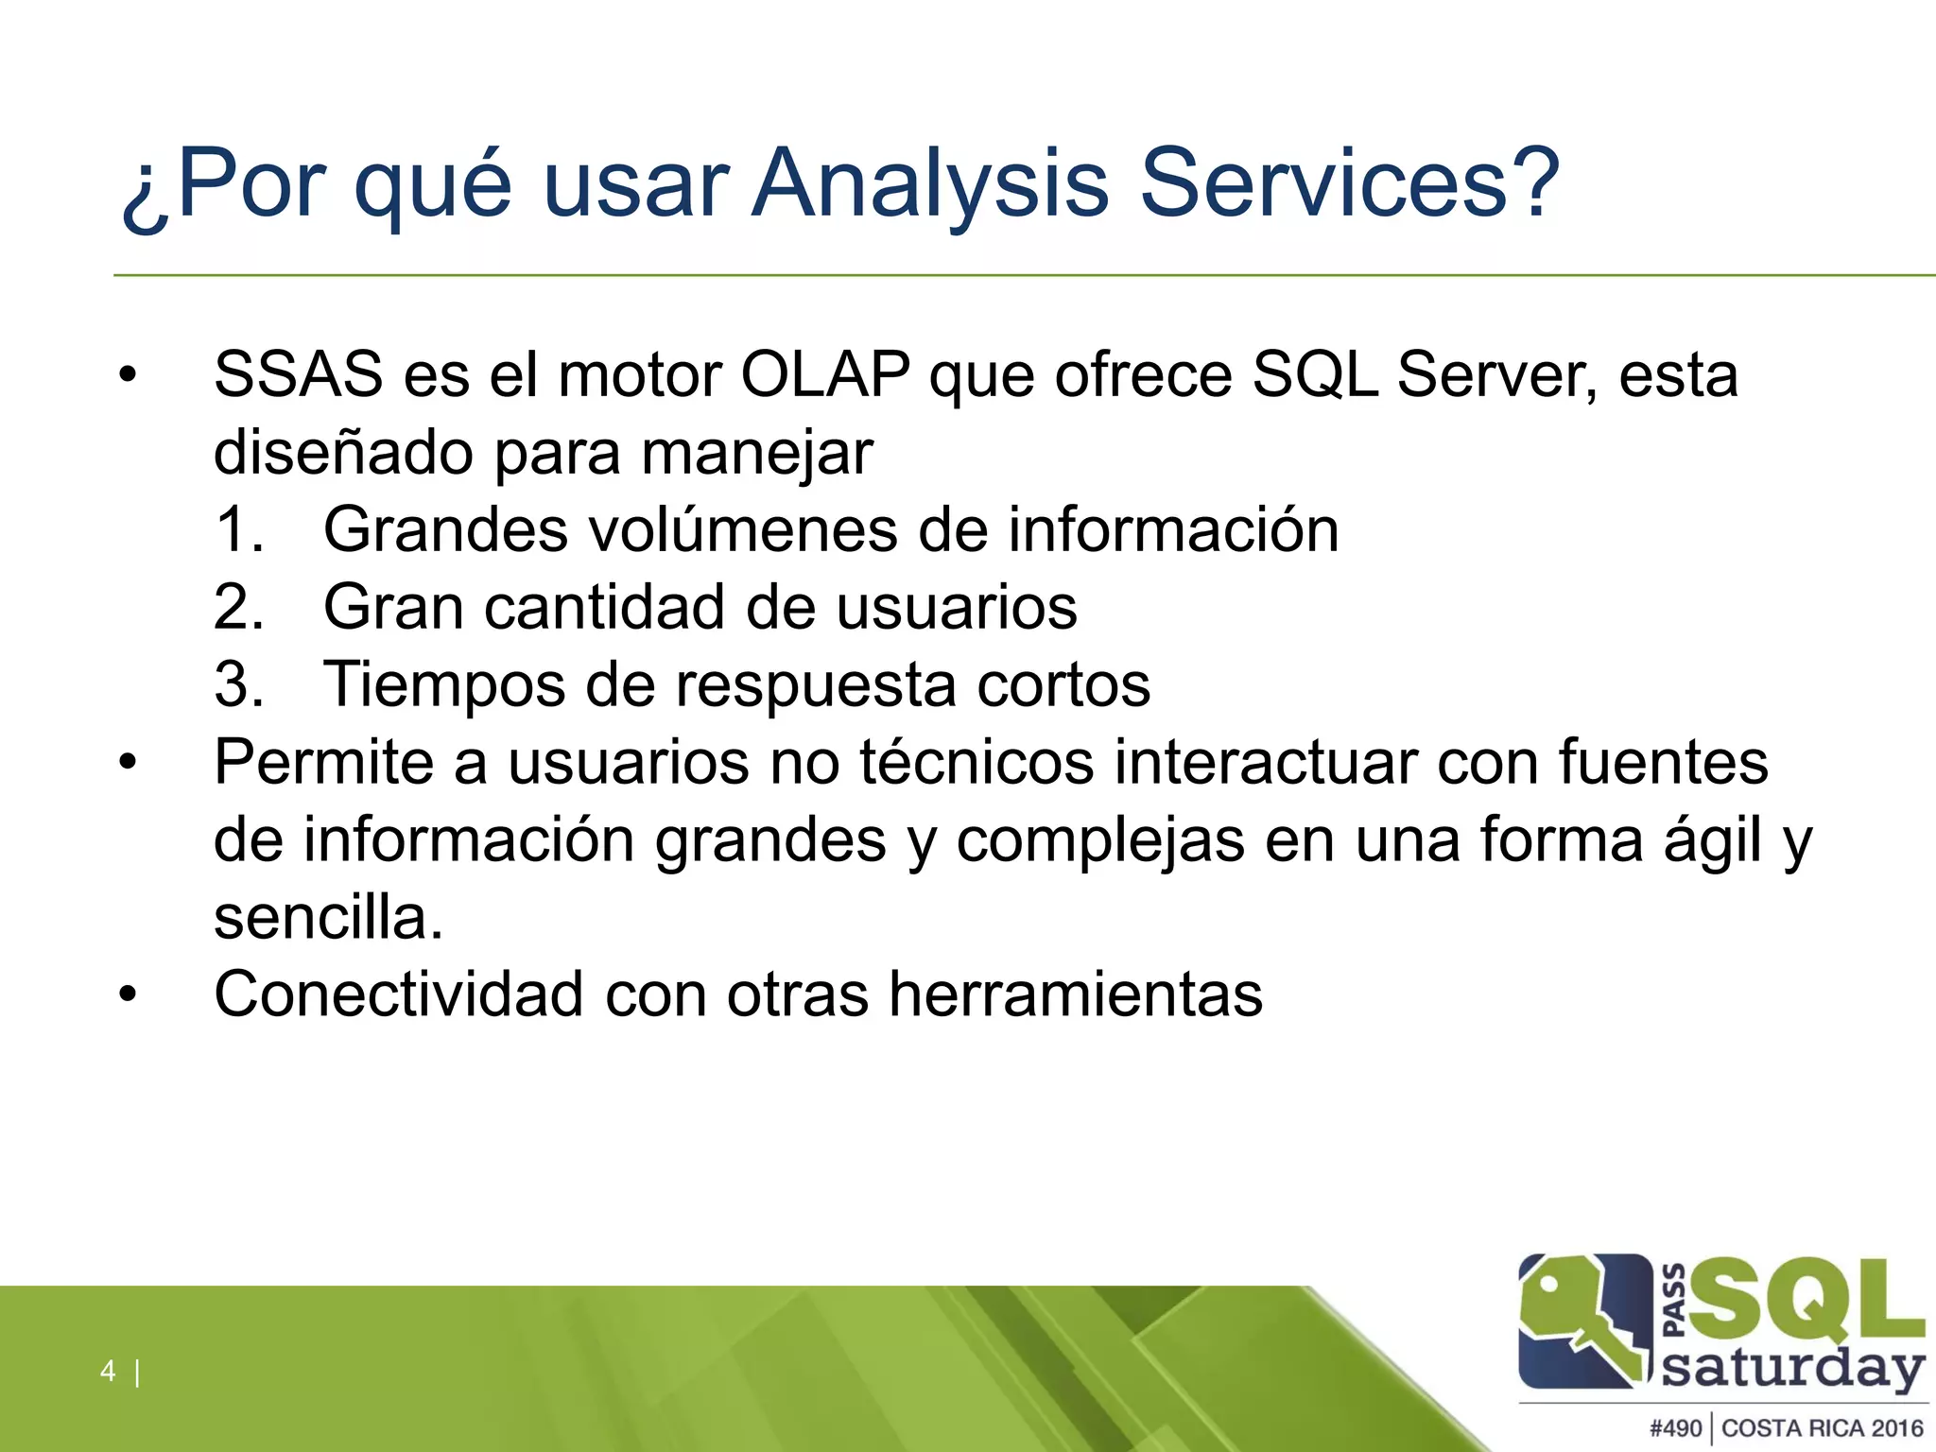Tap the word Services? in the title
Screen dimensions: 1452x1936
tap(1349, 181)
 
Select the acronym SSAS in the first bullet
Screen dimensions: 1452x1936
tap(298, 375)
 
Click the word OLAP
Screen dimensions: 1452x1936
tap(824, 375)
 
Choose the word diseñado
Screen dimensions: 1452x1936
tap(343, 453)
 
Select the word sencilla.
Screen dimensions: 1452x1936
tap(328, 917)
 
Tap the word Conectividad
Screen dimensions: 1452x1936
tap(398, 994)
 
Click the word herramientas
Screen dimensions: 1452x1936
tap(1075, 994)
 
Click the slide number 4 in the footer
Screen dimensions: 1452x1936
tap(108, 1371)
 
